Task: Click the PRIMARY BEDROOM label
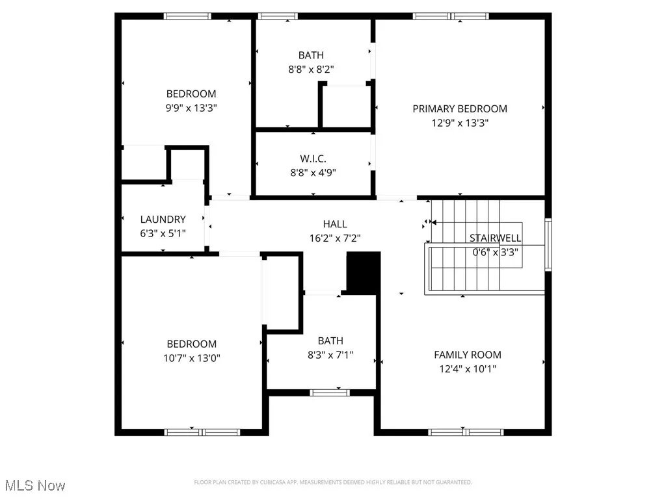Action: (459, 109)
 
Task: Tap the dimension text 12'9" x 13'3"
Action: (459, 123)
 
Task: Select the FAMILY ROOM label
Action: (467, 355)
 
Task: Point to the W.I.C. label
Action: (313, 159)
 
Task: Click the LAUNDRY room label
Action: (163, 220)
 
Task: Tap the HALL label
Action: (335, 224)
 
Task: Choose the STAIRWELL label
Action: (496, 238)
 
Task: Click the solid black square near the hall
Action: (362, 274)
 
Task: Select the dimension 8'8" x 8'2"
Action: (311, 70)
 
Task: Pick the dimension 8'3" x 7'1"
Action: (330, 355)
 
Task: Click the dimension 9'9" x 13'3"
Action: (191, 108)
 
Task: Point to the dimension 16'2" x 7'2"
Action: (335, 238)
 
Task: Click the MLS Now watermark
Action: (34, 485)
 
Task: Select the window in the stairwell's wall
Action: (548, 245)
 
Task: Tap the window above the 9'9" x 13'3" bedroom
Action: (187, 16)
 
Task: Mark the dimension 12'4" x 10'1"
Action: (467, 369)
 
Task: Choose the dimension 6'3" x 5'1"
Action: (163, 233)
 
